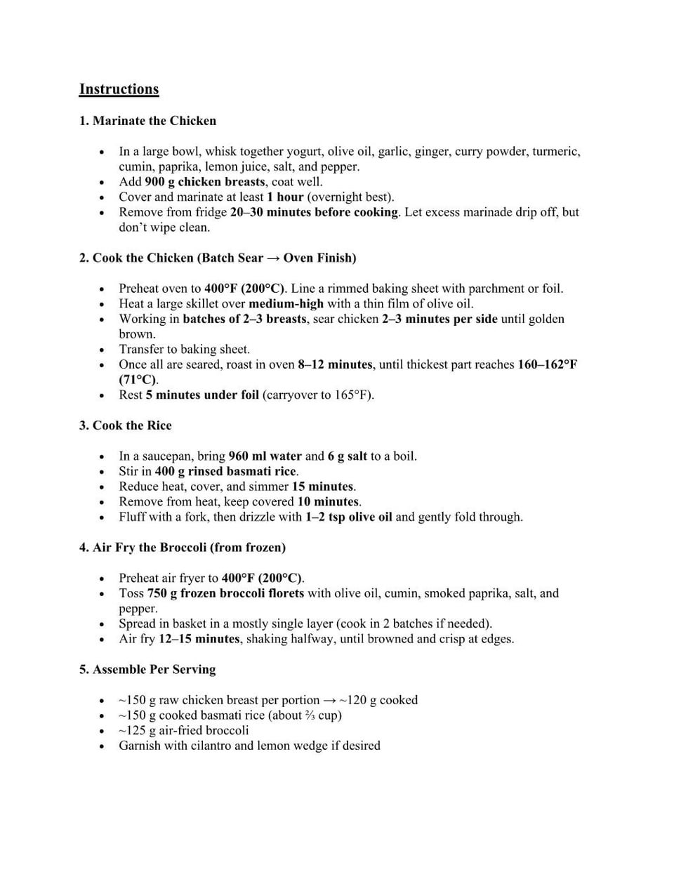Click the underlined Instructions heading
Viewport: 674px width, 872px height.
pos(119,89)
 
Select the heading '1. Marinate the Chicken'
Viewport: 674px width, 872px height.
pos(147,121)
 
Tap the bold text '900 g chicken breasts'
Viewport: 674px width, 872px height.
pos(205,182)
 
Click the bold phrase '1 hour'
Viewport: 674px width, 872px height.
pos(285,197)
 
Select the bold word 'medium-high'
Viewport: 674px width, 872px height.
pos(286,304)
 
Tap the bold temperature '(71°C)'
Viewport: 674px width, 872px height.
pos(138,380)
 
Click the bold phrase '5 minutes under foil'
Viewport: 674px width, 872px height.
pos(202,395)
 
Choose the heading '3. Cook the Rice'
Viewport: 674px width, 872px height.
pos(125,425)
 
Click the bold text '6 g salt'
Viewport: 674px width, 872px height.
pos(347,456)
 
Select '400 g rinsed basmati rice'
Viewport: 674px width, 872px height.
pos(226,472)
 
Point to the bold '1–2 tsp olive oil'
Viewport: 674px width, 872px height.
pos(348,517)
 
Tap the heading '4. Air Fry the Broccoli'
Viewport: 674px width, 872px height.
pos(182,548)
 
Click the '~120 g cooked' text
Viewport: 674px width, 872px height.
pos(378,700)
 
